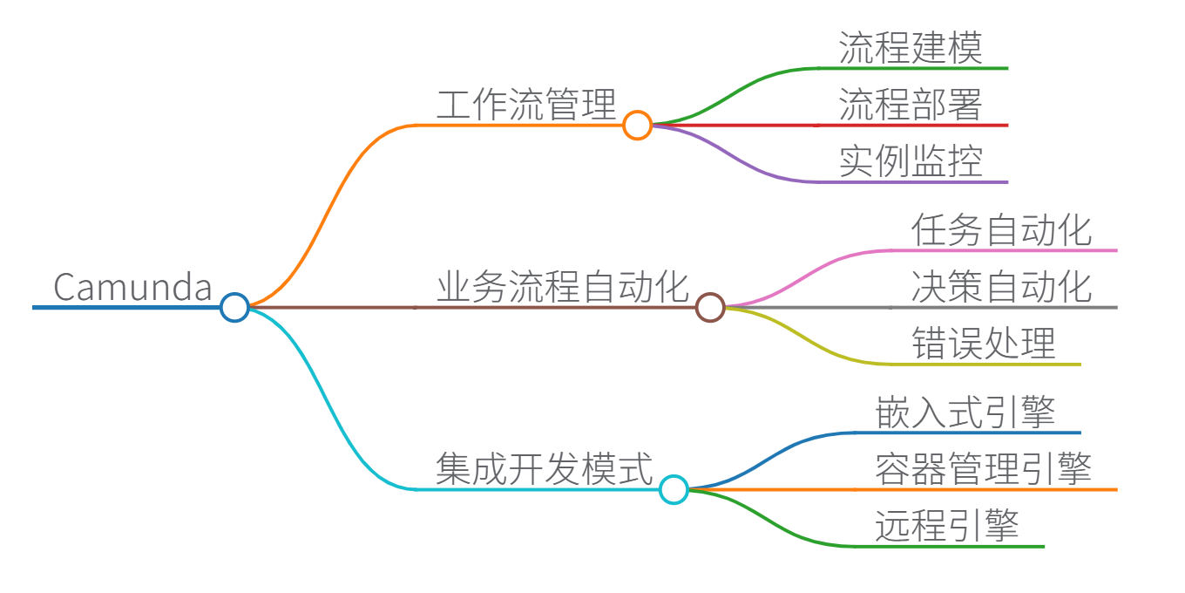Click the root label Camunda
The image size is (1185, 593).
click(x=132, y=287)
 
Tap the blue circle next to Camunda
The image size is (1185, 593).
click(x=234, y=307)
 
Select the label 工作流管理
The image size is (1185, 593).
click(x=526, y=105)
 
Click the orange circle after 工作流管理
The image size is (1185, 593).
click(x=637, y=126)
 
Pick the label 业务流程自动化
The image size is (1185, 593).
click(x=562, y=287)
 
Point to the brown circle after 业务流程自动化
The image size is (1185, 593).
click(x=710, y=307)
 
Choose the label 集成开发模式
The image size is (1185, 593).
click(x=545, y=469)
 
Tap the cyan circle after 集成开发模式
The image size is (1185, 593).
click(x=674, y=489)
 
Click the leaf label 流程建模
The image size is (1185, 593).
click(x=911, y=48)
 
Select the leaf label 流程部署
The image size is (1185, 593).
click(x=911, y=105)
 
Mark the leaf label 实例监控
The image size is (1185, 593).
click(x=911, y=161)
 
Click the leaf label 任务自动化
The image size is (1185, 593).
click(x=1001, y=231)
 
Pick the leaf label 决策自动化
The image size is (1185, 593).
click(x=1001, y=287)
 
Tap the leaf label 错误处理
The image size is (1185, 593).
click(x=983, y=344)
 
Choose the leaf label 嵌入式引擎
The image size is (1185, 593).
click(x=965, y=412)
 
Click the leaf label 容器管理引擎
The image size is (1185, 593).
click(x=983, y=469)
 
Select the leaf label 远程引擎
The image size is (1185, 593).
click(x=946, y=526)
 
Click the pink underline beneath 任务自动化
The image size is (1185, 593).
click(x=1002, y=250)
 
